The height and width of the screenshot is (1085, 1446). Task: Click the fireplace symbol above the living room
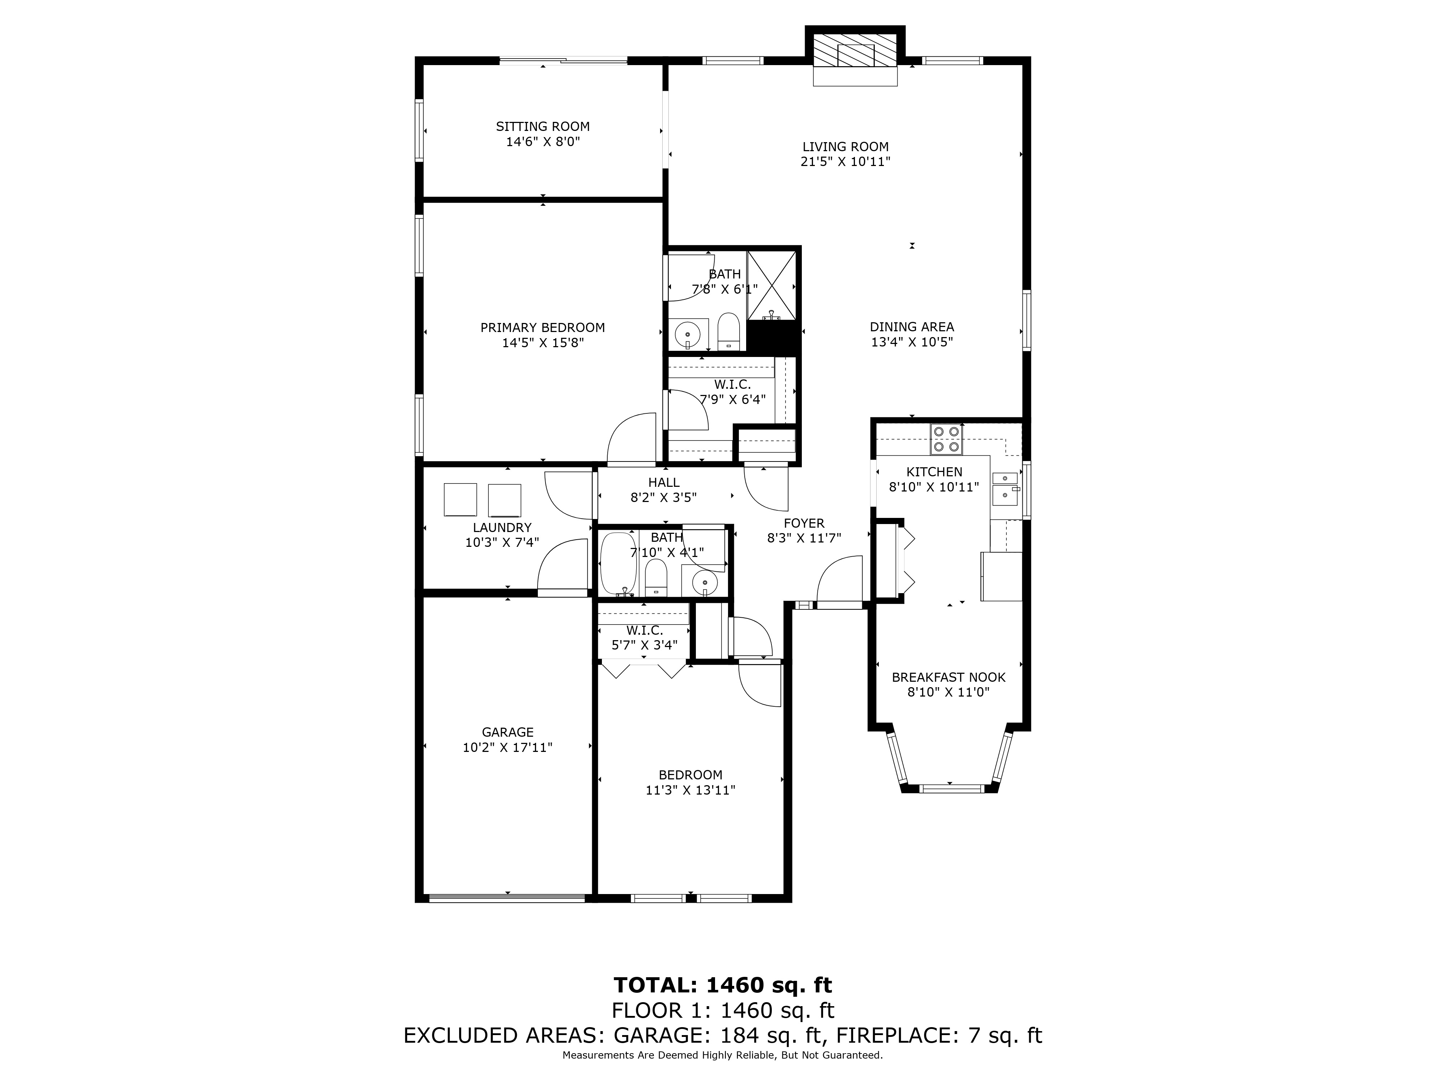click(x=854, y=50)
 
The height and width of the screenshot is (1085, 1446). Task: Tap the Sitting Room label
click(x=543, y=126)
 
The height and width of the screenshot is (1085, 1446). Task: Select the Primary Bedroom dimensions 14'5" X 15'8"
click(x=543, y=343)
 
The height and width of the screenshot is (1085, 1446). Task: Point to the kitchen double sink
click(x=1005, y=488)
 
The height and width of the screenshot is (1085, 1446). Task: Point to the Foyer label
click(x=804, y=523)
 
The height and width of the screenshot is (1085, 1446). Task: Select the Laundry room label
click(x=502, y=528)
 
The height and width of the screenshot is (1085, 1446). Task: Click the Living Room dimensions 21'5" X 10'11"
click(x=845, y=162)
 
